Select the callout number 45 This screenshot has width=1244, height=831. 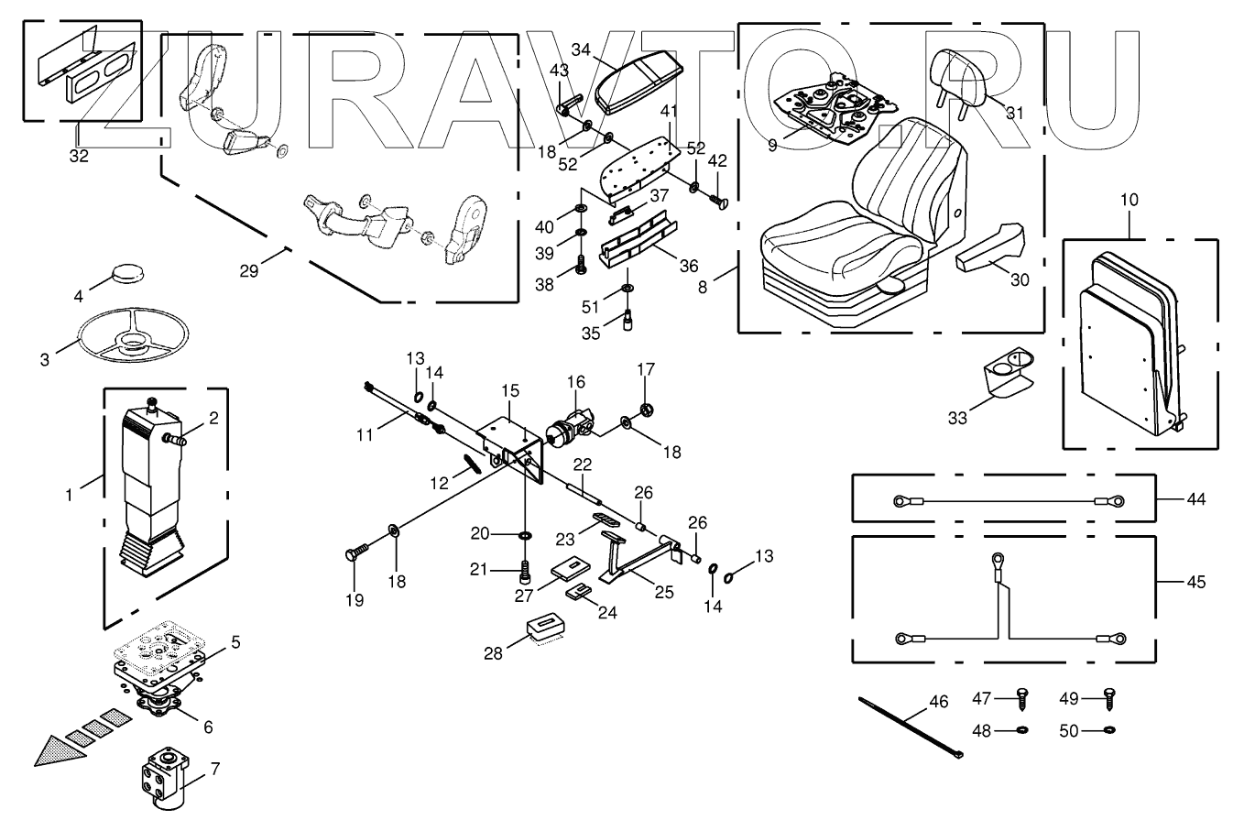[x=1195, y=581]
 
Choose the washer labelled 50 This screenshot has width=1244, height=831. [x=1110, y=730]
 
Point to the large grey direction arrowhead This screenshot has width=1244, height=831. [x=55, y=749]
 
